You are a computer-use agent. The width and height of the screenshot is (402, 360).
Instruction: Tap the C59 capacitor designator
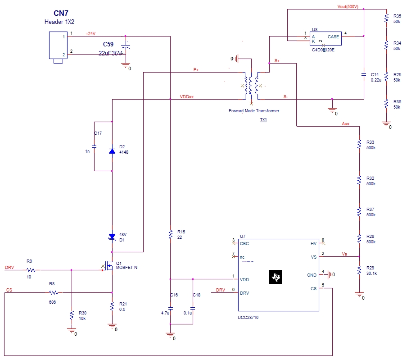[108, 45]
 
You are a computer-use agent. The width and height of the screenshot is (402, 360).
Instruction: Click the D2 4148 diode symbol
[112, 151]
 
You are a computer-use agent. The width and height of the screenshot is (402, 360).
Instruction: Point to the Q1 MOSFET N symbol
[109, 266]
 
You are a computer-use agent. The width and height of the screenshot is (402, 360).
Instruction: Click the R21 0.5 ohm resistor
[112, 306]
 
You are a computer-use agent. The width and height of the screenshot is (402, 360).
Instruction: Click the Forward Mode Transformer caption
[253, 111]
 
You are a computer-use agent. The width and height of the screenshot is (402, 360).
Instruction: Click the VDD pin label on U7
[244, 280]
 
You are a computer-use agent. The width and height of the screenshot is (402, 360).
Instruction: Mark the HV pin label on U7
[313, 243]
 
